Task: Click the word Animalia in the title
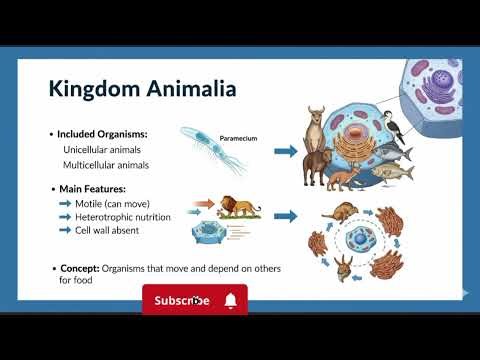click(x=188, y=89)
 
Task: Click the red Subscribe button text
click(x=182, y=300)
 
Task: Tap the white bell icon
click(x=231, y=300)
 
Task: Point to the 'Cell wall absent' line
click(x=112, y=231)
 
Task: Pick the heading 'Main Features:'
click(x=94, y=188)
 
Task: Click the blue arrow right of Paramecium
click(x=286, y=151)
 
